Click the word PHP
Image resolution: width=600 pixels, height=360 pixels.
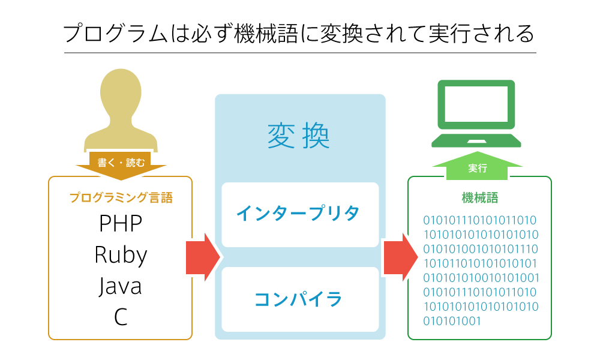coord(121,224)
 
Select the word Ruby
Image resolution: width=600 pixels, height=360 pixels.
coord(121,255)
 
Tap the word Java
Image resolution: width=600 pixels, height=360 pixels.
coord(121,286)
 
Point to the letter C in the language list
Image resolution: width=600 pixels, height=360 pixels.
coord(121,317)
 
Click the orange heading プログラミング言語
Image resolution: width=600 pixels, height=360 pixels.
coord(121,197)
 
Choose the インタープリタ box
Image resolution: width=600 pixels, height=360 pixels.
coord(299,214)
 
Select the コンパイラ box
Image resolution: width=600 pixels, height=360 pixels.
coord(299,299)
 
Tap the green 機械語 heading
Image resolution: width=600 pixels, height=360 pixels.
coord(479,197)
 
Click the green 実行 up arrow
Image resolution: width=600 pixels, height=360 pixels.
coord(478,167)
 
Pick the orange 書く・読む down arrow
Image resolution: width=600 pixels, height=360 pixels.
coord(121,163)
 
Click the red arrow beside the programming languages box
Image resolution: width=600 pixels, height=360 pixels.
coord(203,256)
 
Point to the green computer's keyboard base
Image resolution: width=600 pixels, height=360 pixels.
coord(477,141)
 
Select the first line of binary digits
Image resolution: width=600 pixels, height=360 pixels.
coord(480,220)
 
